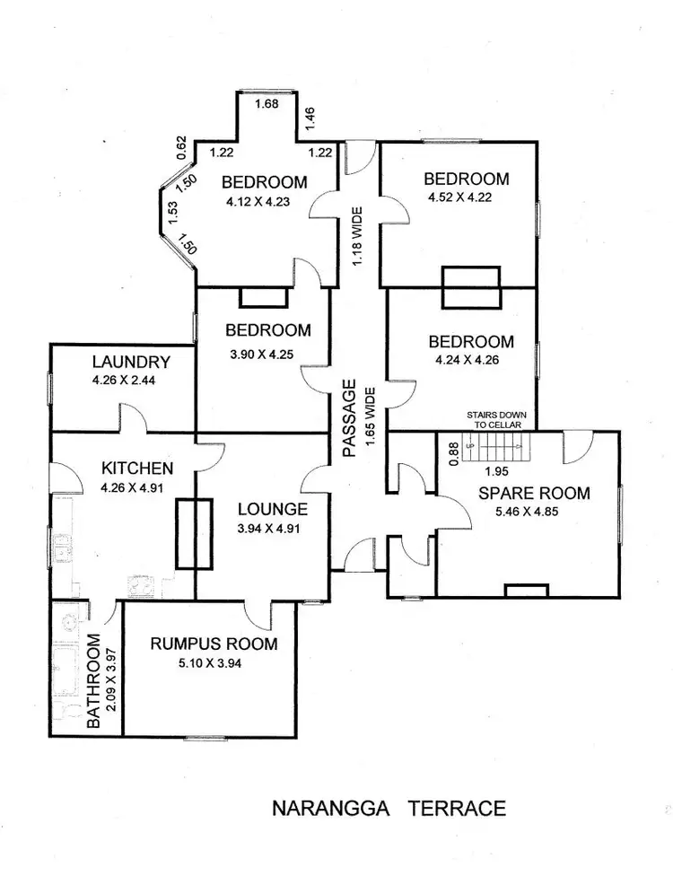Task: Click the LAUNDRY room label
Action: pyautogui.click(x=131, y=363)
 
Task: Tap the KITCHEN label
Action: pyautogui.click(x=137, y=469)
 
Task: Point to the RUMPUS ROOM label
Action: pyautogui.click(x=214, y=644)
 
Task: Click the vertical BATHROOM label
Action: pyautogui.click(x=93, y=682)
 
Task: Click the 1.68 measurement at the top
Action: pyautogui.click(x=267, y=106)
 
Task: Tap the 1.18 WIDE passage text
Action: pyautogui.click(x=357, y=236)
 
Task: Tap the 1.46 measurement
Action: pyautogui.click(x=310, y=114)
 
